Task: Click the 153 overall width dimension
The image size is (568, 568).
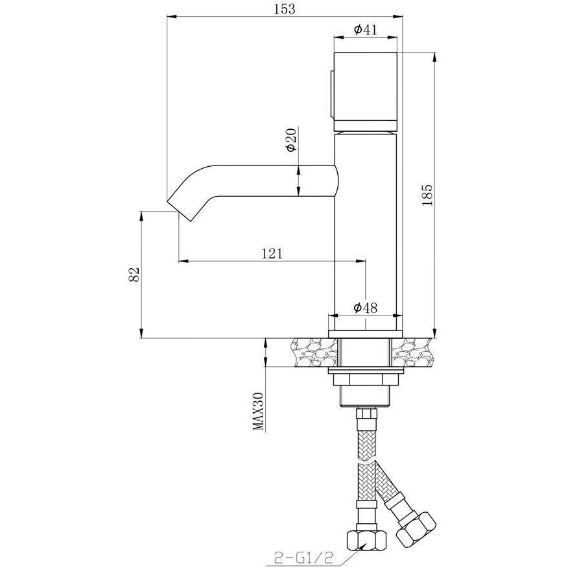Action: [x=285, y=8]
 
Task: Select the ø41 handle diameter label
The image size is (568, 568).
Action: [x=366, y=29]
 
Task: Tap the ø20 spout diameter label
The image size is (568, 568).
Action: [x=291, y=140]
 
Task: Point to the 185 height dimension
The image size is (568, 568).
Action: [x=427, y=195]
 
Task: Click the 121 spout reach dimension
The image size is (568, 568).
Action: [x=272, y=254]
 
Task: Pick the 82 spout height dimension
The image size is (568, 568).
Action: [x=134, y=275]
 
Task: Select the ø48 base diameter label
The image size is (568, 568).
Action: [x=366, y=308]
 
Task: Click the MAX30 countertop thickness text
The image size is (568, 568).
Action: [x=258, y=412]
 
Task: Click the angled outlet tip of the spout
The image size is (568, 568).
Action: [x=179, y=210]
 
